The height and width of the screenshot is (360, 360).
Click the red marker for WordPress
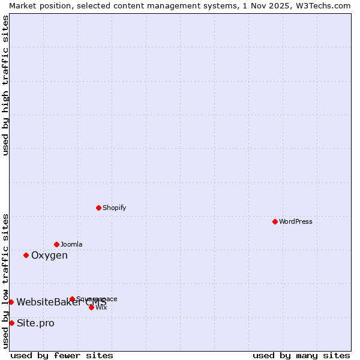click(275, 221)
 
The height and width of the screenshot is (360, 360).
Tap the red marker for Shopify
click(98, 208)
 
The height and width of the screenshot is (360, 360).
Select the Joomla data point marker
click(56, 244)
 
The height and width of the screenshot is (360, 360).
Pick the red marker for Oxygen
click(26, 255)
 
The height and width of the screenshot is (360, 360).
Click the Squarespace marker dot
click(72, 299)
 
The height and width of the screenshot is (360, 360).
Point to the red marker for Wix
click(91, 307)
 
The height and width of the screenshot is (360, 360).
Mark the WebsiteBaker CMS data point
click(11, 302)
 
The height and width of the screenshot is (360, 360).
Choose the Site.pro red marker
click(11, 323)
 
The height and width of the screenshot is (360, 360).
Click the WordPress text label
click(296, 221)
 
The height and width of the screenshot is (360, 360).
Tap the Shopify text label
click(114, 208)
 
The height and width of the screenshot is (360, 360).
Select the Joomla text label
click(71, 244)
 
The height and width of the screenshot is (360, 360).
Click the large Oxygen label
click(49, 256)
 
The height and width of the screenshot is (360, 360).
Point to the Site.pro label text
click(35, 323)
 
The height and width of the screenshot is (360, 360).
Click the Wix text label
click(101, 307)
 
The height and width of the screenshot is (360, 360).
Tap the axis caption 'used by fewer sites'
click(62, 356)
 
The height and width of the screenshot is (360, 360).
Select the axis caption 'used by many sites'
click(301, 356)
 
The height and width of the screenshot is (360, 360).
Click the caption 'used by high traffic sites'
click(6, 85)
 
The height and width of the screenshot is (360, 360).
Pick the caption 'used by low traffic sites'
click(6, 280)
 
